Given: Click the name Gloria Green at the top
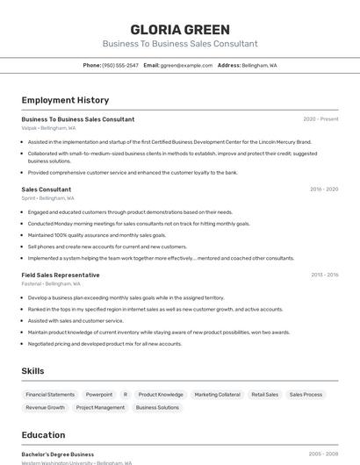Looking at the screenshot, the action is pos(179,30).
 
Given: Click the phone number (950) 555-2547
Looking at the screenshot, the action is pos(120,65).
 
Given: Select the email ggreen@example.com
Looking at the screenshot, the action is pos(188,65).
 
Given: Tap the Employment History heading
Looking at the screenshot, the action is pos(65,100).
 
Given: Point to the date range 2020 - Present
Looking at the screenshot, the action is pos(320,119).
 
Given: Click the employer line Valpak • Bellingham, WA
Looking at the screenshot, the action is pos(47,127).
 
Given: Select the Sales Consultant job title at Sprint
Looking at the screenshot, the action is pos(47,190).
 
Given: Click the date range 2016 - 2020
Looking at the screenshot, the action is pos(324,190).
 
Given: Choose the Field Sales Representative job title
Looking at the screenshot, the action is pos(61,275).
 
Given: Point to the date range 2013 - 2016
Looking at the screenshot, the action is pos(324,275).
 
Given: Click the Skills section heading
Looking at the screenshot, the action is pos(33,371).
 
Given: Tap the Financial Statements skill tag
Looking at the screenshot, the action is pos(50,395).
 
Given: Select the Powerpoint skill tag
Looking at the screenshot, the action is pos(99,395).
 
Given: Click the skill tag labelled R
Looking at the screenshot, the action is pos(126,395).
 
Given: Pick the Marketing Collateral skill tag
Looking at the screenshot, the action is pos(217,395).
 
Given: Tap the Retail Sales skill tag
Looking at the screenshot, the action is pos(265,395).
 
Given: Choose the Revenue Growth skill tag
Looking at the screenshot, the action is pos(46,407).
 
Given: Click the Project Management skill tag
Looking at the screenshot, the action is pos(100,407).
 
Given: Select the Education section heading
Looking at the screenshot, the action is pos(43,435).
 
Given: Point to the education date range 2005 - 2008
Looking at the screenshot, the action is pos(323,454).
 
